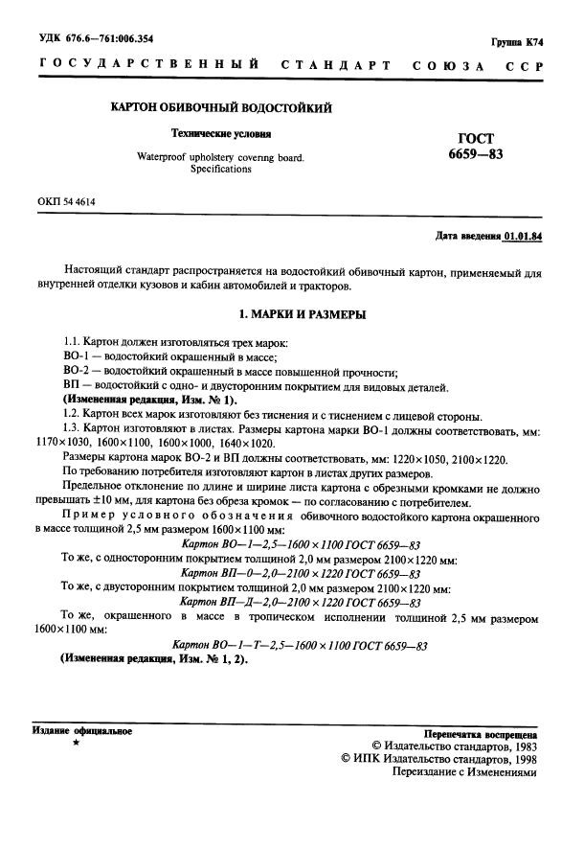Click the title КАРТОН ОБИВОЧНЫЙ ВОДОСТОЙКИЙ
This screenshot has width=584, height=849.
[x=223, y=108]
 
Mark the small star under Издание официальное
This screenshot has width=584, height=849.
[x=76, y=744]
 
